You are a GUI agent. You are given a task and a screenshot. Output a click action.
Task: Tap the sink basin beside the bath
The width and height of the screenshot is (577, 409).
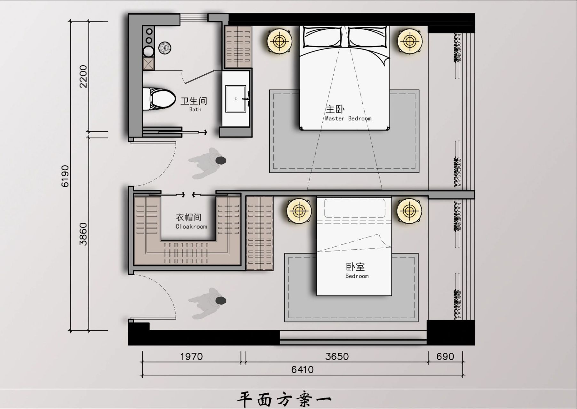(236, 99)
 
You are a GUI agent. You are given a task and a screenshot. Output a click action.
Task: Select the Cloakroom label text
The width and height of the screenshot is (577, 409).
(191, 222)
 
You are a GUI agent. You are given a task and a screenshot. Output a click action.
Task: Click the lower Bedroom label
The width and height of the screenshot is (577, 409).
(356, 271)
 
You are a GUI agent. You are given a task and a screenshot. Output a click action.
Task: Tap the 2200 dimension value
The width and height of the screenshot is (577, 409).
(83, 76)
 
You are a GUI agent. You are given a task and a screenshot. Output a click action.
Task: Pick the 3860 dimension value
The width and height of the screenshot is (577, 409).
(83, 234)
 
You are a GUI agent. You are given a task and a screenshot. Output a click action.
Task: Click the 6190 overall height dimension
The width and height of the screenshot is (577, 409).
(65, 176)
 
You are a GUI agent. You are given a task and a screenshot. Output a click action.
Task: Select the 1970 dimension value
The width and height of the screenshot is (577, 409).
(191, 357)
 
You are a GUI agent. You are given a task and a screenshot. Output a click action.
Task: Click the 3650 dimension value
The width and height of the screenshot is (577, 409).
(337, 357)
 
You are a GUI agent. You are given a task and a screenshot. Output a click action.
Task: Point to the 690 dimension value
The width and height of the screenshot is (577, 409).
(445, 357)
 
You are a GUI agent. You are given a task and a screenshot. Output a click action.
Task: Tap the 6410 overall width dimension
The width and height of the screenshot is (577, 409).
(302, 370)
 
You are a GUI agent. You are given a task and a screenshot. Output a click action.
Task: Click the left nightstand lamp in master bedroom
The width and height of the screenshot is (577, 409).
(280, 41)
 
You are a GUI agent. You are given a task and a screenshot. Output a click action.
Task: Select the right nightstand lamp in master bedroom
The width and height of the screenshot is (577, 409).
(409, 41)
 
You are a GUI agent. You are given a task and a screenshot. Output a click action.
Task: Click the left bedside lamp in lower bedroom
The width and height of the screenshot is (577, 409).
(299, 211)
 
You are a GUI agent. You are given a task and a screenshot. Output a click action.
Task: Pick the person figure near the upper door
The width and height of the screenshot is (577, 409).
(208, 163)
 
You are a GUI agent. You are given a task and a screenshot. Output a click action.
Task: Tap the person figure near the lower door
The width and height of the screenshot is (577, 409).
(208, 303)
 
